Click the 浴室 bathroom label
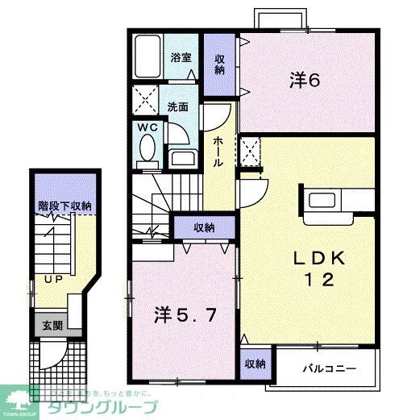tap(181, 58)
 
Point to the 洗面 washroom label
tap(177, 106)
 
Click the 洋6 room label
tap(305, 81)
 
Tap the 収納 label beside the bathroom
tap(220, 64)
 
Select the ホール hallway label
tap(218, 151)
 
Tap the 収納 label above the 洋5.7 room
tap(204, 228)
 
